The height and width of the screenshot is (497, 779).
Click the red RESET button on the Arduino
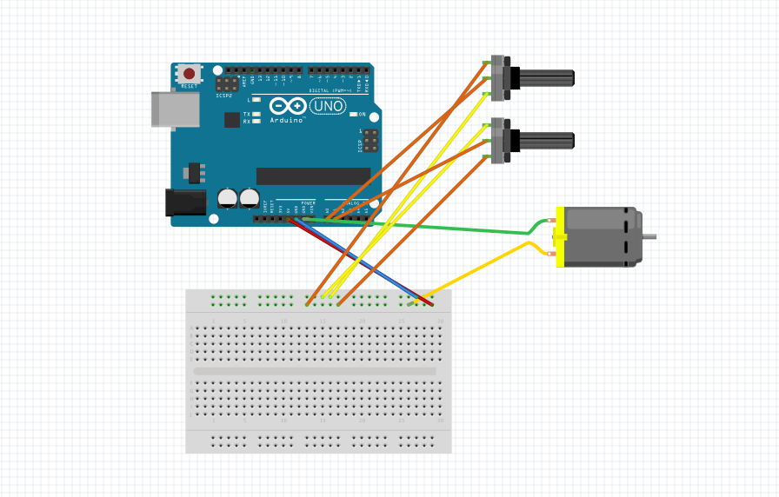click(189, 74)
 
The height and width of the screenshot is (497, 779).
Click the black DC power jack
click(185, 202)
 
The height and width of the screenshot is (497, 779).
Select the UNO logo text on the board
click(327, 106)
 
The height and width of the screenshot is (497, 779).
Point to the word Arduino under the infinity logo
click(287, 120)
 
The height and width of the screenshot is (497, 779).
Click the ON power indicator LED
click(353, 114)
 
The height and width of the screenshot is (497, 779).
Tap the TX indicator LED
click(256, 114)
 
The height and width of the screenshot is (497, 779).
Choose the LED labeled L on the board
click(256, 100)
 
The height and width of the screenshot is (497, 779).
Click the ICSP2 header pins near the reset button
click(228, 85)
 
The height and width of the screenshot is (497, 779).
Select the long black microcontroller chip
click(313, 176)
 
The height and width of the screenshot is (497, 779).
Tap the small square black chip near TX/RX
click(231, 120)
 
